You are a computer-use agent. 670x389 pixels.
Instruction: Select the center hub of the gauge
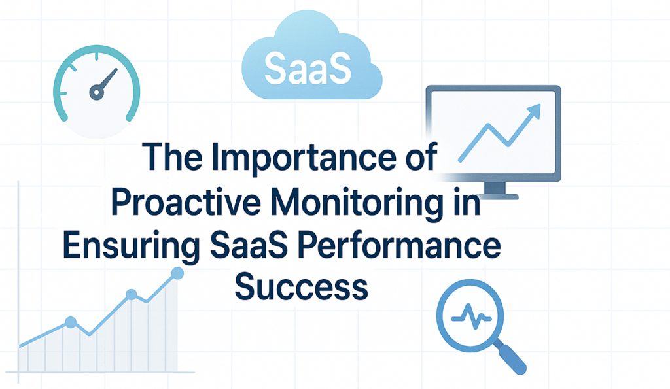click(x=97, y=93)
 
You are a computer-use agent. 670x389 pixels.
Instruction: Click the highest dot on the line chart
click(x=176, y=273)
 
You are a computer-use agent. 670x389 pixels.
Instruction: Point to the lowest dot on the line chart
click(x=71, y=322)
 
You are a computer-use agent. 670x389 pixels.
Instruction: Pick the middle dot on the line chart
click(x=131, y=295)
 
